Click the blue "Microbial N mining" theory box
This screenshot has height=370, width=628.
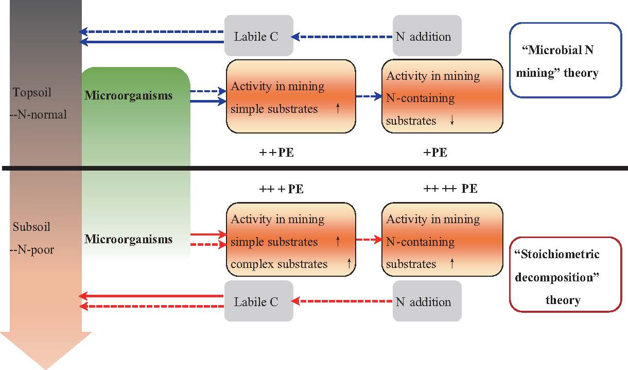click(565, 60)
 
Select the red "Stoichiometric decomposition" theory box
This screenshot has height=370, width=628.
click(565, 274)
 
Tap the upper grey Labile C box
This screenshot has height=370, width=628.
click(258, 36)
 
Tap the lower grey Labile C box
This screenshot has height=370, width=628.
click(258, 301)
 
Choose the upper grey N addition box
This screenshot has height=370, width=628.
click(427, 36)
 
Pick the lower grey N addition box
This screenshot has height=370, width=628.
click(427, 301)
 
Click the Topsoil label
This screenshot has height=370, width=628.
click(32, 93)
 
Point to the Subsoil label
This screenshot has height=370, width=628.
click(32, 227)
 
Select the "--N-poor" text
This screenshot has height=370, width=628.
click(32, 250)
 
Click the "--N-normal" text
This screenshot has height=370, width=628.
click(38, 114)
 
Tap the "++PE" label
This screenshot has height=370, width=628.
click(276, 153)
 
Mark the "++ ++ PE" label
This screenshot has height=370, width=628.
click(450, 189)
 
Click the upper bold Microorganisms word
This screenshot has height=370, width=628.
click(128, 96)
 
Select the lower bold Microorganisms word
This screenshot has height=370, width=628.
click(128, 239)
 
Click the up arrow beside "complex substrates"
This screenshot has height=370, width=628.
click(348, 264)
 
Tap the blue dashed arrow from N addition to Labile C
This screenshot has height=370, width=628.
click(342, 37)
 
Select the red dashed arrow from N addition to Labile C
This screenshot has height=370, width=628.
click(342, 301)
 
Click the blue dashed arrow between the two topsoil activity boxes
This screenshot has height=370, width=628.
click(369, 96)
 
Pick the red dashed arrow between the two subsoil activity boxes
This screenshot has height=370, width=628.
click(369, 240)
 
